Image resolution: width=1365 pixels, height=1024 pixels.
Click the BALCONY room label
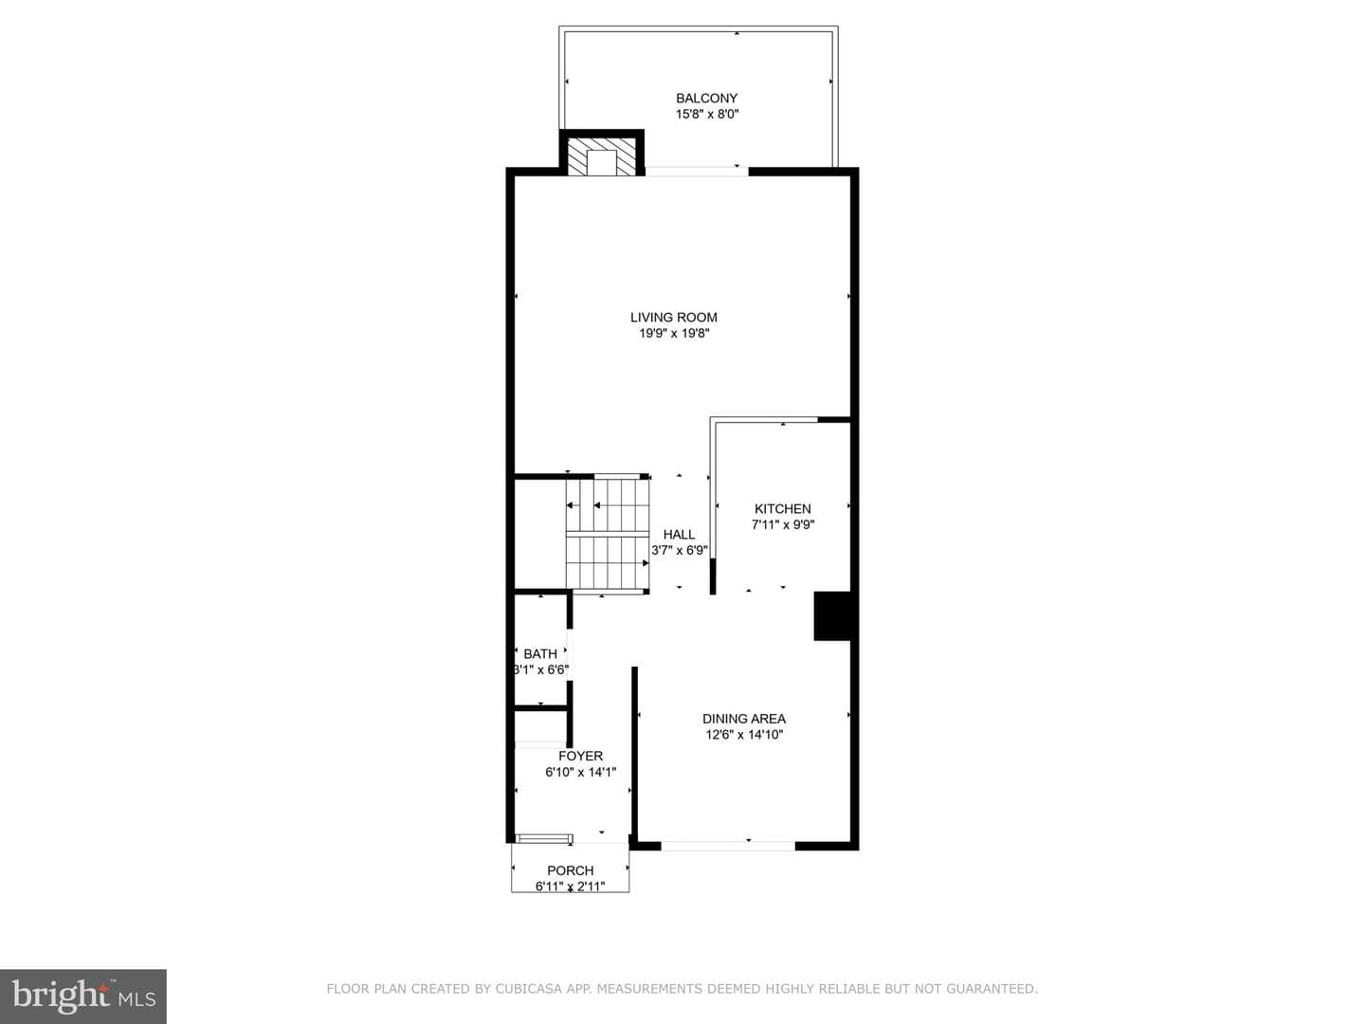[706, 99]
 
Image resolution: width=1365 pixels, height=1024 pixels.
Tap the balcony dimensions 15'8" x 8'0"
[707, 115]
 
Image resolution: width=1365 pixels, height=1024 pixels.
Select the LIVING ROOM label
[673, 317]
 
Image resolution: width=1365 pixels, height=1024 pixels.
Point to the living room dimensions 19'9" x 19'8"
[674, 333]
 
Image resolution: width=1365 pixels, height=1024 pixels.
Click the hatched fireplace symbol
[601, 155]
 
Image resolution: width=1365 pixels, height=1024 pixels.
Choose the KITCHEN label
[782, 508]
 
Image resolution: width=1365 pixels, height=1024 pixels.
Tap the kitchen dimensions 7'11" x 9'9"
[783, 524]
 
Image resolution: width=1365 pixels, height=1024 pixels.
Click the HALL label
[679, 535]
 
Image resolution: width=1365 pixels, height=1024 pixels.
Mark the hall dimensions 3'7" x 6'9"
[679, 550]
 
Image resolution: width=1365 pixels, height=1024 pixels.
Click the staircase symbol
[608, 534]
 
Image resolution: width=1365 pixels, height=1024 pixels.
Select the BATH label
[539, 654]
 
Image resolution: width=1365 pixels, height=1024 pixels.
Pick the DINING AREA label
[744, 719]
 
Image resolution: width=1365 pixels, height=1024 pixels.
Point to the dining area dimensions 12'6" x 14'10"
[744, 735]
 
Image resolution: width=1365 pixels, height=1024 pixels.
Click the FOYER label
[580, 756]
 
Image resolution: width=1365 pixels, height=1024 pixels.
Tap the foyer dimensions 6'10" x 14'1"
[580, 772]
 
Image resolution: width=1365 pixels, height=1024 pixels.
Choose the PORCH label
[571, 870]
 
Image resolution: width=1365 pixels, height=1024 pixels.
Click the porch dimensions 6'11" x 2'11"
[571, 887]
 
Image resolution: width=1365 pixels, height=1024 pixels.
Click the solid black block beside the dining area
[832, 615]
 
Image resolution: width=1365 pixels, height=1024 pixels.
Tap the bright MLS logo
[83, 997]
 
